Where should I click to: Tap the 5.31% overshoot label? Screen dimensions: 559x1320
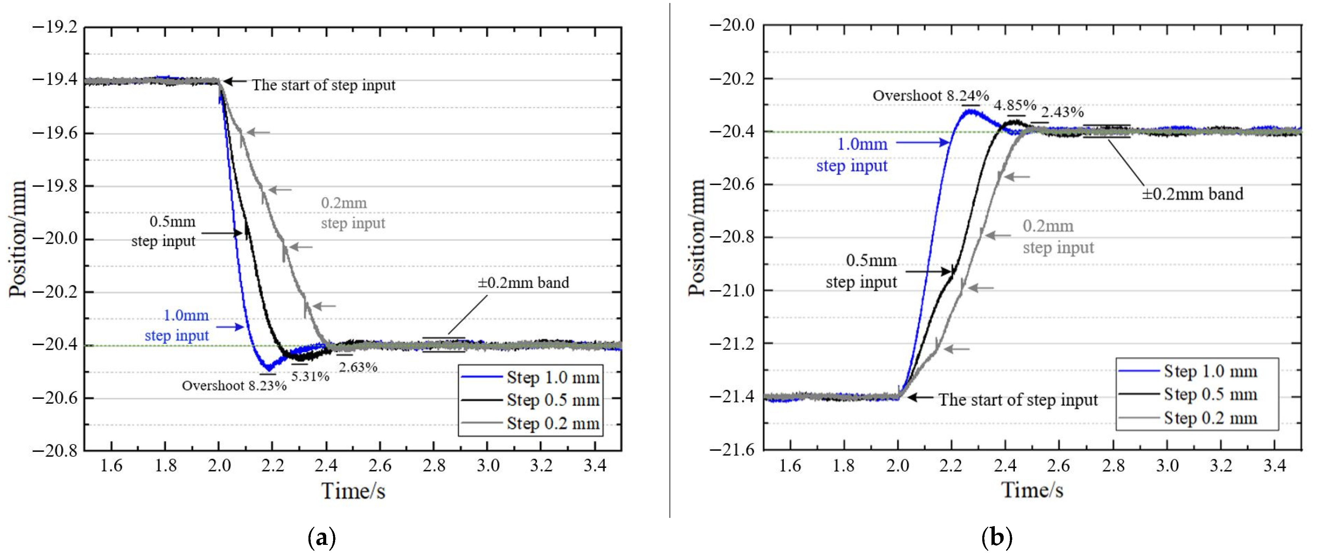pos(310,377)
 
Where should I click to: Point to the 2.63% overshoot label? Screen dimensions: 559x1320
pos(358,367)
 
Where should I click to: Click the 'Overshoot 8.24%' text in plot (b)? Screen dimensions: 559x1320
pos(931,96)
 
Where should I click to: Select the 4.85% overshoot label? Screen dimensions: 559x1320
pos(1015,106)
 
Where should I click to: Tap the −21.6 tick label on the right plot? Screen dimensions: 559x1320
pos(732,449)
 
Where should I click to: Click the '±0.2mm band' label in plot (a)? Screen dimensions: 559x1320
pos(523,283)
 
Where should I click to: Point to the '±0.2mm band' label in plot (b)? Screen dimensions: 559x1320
pos(1192,194)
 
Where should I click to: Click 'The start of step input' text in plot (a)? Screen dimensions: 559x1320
pos(323,85)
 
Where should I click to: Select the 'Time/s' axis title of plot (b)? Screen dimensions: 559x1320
pos(1032,490)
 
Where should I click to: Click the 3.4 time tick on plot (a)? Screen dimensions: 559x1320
pos(595,466)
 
